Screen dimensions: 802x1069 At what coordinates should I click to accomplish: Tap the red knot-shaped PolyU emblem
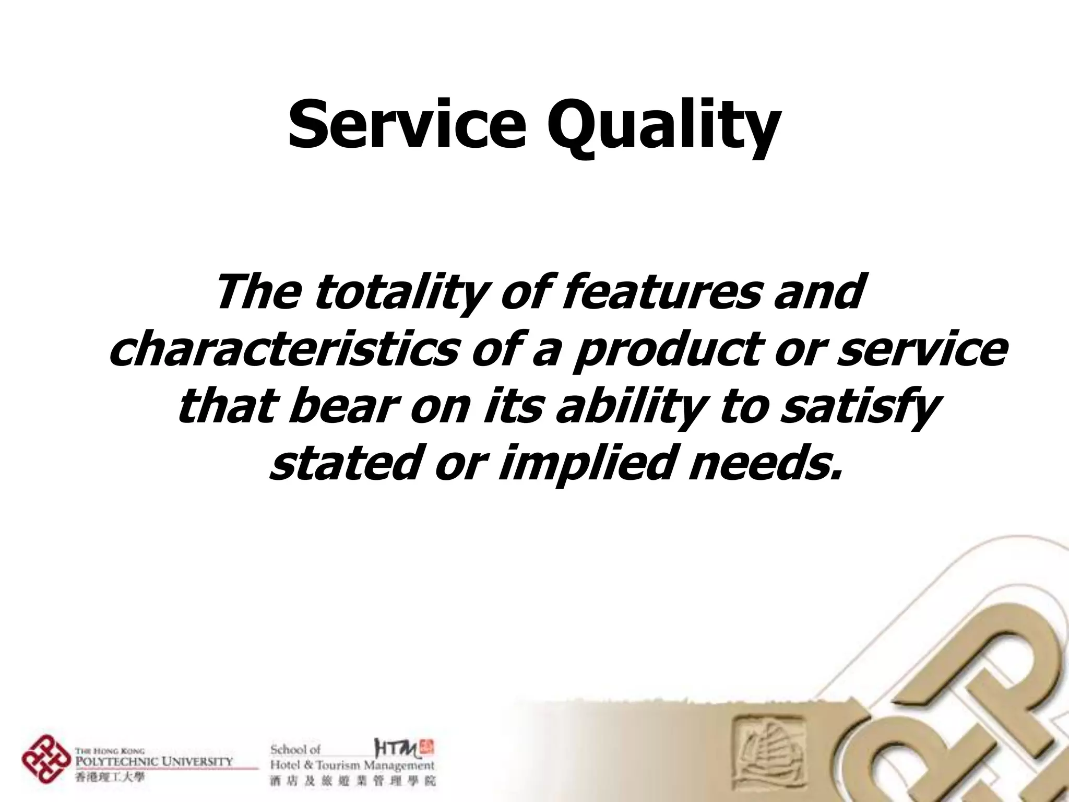coord(46,759)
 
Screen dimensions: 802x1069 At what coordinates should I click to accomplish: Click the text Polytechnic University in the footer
coord(155,760)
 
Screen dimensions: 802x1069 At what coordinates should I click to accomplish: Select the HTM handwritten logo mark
coord(397,749)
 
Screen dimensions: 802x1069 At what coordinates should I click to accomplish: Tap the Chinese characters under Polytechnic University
coord(110,778)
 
